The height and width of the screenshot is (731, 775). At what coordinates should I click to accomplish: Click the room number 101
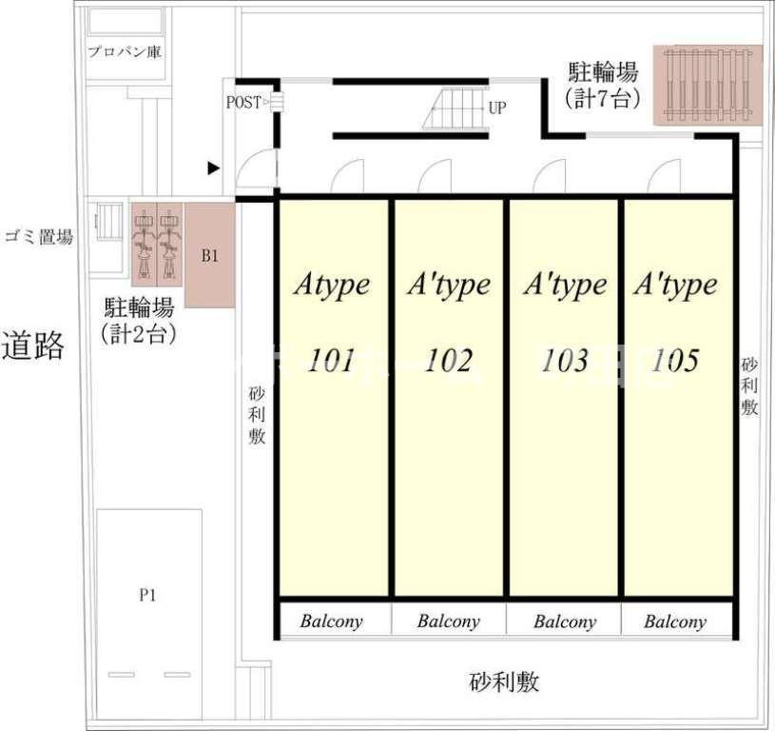tap(331, 361)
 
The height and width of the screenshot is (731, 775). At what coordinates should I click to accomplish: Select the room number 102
tap(448, 361)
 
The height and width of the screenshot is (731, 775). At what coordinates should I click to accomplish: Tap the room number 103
tap(565, 361)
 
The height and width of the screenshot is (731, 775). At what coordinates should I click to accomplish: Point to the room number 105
tap(676, 361)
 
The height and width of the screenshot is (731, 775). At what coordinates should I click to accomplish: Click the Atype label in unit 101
tap(331, 285)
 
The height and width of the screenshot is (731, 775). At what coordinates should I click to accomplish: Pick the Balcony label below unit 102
tap(448, 622)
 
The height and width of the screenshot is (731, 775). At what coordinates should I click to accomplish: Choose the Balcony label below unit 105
tap(675, 622)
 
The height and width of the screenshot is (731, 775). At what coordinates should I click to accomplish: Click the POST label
tap(243, 102)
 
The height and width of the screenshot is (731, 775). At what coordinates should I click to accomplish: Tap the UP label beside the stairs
tap(496, 108)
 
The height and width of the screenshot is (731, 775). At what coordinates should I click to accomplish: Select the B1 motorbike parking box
tap(209, 255)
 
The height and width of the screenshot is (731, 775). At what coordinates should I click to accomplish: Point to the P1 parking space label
tap(147, 596)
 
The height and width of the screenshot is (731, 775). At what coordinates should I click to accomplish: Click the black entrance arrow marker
tap(214, 168)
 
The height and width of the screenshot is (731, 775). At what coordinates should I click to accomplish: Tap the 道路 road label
tap(33, 345)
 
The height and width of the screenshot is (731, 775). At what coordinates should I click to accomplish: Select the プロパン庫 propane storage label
tap(124, 51)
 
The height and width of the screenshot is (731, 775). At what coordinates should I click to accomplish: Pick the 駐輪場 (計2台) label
tap(138, 320)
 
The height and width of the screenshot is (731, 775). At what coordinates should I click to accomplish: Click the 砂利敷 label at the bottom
tap(504, 682)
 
